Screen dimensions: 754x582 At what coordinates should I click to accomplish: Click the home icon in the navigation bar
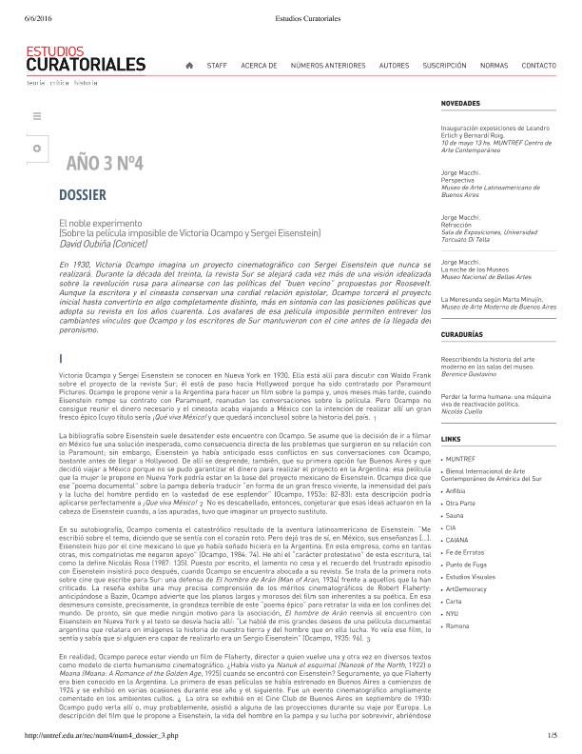click(x=189, y=66)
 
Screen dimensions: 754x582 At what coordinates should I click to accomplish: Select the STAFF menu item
click(x=217, y=66)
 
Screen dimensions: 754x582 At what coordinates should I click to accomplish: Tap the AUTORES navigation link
click(x=394, y=66)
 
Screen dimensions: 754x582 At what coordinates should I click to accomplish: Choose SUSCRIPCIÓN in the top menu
click(x=444, y=66)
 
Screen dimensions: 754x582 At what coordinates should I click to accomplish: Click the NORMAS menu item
click(x=494, y=66)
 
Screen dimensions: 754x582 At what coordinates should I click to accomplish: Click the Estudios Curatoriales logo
click(x=87, y=61)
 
